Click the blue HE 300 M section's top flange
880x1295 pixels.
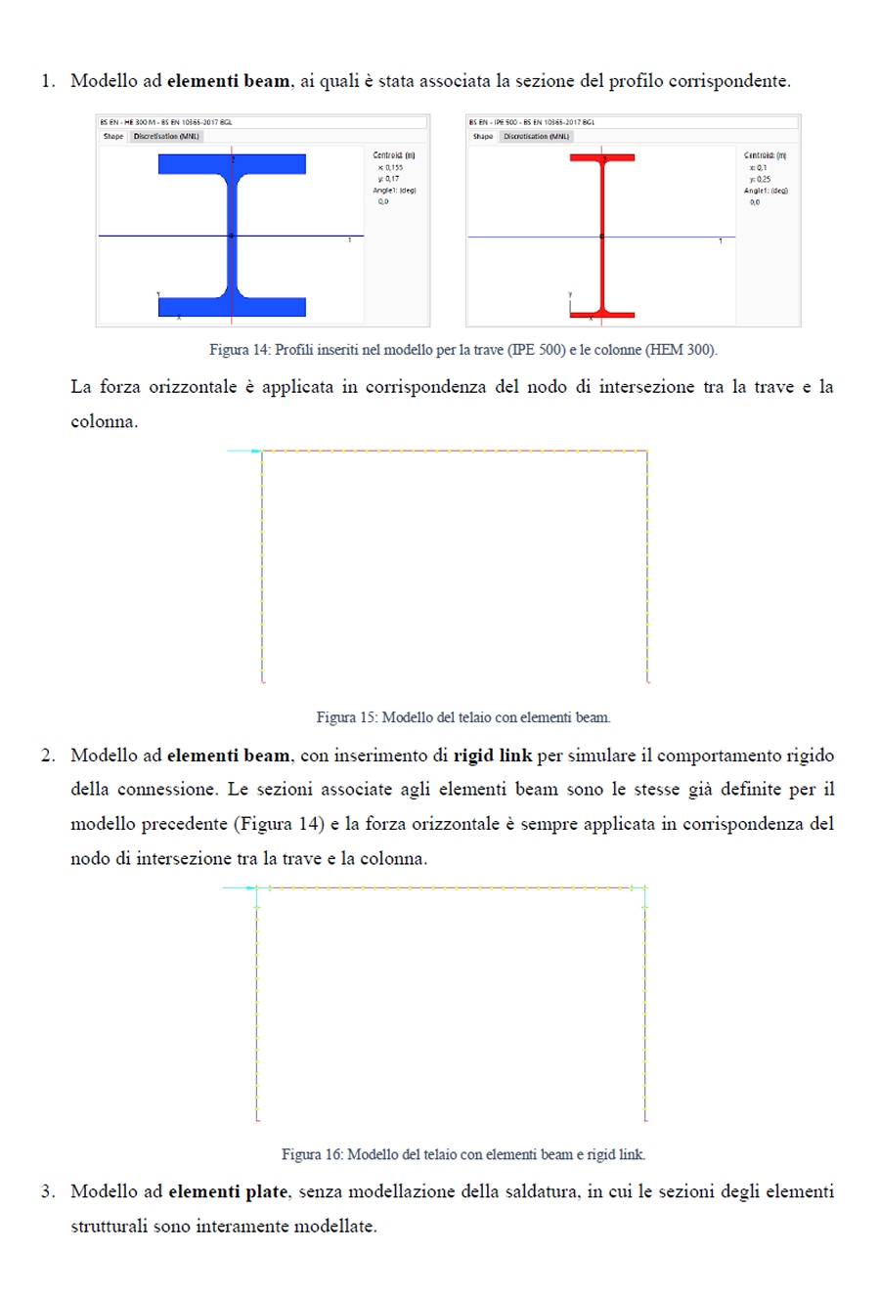(x=232, y=163)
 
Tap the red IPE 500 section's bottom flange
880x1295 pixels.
(x=602, y=315)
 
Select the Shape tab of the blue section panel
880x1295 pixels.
(x=113, y=137)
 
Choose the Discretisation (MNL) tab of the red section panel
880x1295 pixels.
(x=535, y=137)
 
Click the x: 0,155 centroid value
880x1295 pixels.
(x=390, y=167)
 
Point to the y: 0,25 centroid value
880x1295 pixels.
(x=760, y=179)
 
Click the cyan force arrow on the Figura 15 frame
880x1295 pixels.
(x=244, y=451)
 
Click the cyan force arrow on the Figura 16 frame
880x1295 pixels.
(x=240, y=887)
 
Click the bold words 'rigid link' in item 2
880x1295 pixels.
(x=493, y=755)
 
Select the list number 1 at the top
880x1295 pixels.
(x=47, y=81)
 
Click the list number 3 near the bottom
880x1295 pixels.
(x=47, y=1191)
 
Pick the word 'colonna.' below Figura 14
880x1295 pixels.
(x=104, y=422)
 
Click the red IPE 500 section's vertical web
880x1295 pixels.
(x=602, y=235)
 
